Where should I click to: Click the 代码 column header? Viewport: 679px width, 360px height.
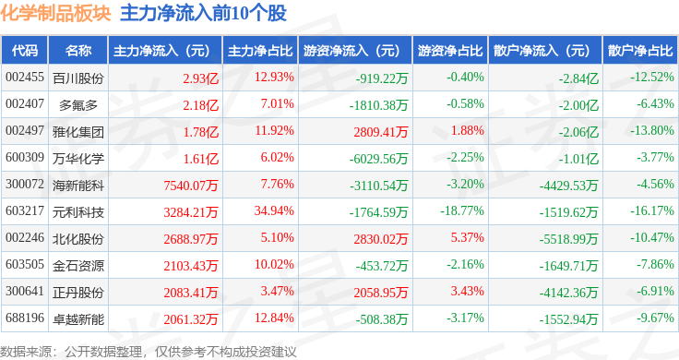click(25, 51)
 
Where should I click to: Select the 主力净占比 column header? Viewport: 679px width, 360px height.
click(260, 51)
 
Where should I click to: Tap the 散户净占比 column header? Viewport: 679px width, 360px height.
click(640, 51)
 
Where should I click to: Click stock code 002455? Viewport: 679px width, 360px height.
click(25, 78)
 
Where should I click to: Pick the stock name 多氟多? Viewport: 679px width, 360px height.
click(78, 105)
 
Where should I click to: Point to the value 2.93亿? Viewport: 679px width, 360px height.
click(200, 78)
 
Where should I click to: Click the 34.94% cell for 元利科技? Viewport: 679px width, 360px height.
click(274, 211)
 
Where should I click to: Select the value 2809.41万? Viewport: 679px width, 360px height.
click(381, 132)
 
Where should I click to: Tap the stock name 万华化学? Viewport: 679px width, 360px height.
click(78, 159)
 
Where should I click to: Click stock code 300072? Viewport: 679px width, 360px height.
click(25, 184)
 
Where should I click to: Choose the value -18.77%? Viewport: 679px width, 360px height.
click(462, 211)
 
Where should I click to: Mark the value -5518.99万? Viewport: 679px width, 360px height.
click(568, 239)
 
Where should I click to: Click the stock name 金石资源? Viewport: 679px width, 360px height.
click(78, 266)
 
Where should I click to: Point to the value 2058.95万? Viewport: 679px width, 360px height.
click(381, 293)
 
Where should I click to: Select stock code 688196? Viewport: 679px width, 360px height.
click(25, 318)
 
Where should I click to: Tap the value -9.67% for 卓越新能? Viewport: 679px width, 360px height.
click(655, 318)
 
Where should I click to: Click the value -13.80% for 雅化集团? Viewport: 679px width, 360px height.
click(652, 130)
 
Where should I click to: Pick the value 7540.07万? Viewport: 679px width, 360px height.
click(191, 186)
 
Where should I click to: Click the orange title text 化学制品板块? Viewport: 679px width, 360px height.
click(55, 14)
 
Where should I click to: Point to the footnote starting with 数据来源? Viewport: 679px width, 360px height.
click(149, 352)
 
